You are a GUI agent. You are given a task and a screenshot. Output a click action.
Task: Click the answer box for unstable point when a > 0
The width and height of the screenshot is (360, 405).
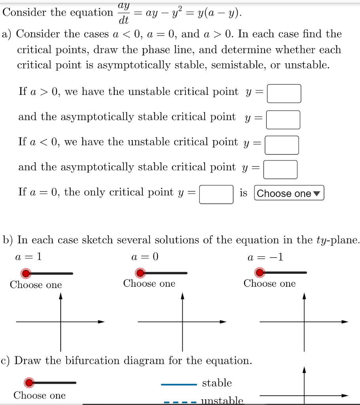(x=284, y=94)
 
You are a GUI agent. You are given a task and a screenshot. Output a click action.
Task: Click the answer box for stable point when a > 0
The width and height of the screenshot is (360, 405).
(x=283, y=120)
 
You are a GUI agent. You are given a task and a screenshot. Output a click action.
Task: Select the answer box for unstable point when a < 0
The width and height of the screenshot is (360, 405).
(x=282, y=145)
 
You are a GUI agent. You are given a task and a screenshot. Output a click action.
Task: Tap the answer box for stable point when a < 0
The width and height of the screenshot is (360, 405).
(x=281, y=170)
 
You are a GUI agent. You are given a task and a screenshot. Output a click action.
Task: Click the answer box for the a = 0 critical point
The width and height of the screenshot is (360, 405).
(x=216, y=194)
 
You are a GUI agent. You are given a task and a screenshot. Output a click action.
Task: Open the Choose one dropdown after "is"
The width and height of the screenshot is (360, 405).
(x=289, y=193)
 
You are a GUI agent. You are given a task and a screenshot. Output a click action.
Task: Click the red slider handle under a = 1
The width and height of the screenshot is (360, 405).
(x=26, y=273)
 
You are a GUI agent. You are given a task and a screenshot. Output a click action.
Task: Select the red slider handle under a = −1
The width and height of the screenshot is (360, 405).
(x=260, y=273)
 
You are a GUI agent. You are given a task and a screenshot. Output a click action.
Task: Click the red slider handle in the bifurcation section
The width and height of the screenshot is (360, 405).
(x=29, y=382)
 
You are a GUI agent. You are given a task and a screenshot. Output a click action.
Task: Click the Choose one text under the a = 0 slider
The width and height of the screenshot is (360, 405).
(x=149, y=284)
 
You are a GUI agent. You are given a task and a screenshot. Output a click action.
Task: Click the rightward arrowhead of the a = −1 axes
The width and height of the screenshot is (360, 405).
(x=345, y=322)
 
